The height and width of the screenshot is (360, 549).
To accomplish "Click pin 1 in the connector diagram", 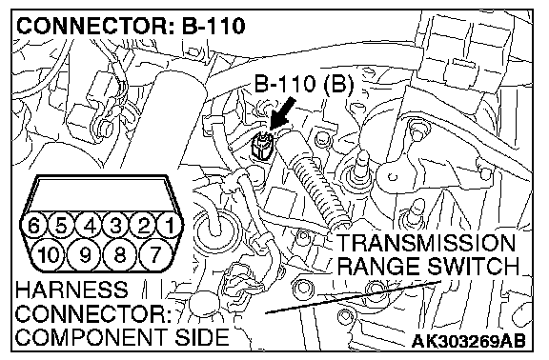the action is tap(171, 225).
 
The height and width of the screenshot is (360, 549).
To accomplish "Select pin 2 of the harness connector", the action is tap(144, 225).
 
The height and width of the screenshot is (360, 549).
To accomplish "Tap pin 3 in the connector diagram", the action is tap(116, 225).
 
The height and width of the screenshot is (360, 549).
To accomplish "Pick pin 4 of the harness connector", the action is tap(89, 225).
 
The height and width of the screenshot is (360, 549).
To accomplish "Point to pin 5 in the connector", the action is tap(61, 225).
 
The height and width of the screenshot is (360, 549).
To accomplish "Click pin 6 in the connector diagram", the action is tap(33, 225).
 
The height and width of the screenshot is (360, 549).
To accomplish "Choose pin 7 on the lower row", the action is tap(155, 254).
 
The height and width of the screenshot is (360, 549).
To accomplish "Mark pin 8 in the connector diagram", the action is tap(120, 254).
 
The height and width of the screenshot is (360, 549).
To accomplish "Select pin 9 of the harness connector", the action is tap(85, 254).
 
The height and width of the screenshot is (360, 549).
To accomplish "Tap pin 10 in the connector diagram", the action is tap(48, 254).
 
